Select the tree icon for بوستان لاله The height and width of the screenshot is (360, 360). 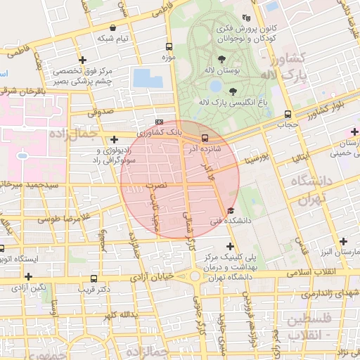click(x=222, y=59)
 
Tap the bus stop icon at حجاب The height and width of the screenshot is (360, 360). click(x=287, y=114)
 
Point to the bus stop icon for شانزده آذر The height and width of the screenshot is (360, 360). click(x=205, y=138)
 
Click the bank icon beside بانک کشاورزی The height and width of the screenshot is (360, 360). click(x=159, y=122)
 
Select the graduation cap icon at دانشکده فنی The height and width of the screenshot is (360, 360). click(x=231, y=210)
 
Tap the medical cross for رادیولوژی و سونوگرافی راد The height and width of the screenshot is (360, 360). click(x=114, y=140)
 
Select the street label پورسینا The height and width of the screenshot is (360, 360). click(x=254, y=159)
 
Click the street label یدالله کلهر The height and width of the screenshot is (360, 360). click(x=117, y=315)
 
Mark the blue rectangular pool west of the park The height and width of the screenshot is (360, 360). click(x=147, y=78)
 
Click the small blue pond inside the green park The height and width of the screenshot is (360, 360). click(x=215, y=86)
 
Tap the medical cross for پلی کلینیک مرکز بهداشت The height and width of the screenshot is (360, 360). click(x=229, y=245)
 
